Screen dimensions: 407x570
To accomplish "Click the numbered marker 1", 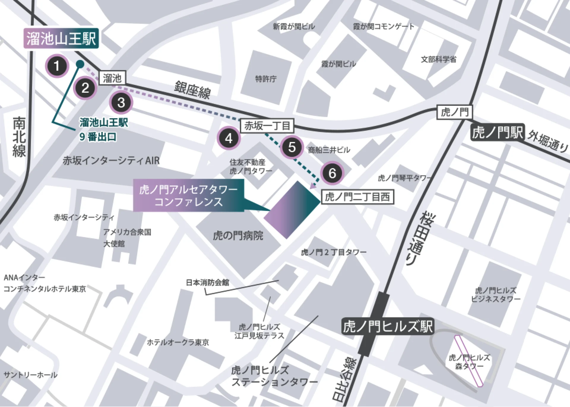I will (x=57, y=66).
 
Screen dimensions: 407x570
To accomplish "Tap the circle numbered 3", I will (x=121, y=102).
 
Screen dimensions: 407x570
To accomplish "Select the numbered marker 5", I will (x=292, y=147).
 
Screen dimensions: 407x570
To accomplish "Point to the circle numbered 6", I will (x=332, y=173).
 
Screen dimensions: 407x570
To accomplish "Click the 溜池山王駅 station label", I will (x=61, y=39).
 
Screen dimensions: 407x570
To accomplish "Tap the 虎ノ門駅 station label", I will (x=497, y=132).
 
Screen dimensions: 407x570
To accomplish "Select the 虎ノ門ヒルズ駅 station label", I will (x=388, y=327).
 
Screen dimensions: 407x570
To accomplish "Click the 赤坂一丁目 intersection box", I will (x=267, y=126).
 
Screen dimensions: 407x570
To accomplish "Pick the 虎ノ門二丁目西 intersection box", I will (x=357, y=197).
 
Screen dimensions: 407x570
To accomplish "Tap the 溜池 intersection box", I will (x=112, y=78).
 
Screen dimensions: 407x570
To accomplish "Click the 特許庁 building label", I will (x=266, y=79).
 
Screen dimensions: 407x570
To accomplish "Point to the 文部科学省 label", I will (x=438, y=59).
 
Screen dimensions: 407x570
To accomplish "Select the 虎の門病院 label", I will (x=238, y=236).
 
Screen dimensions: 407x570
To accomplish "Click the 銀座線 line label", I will (x=192, y=90).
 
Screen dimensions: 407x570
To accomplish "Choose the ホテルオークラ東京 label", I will (x=178, y=342).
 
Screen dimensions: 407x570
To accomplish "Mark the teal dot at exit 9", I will (x=80, y=64).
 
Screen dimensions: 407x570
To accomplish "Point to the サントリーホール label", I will (x=30, y=375).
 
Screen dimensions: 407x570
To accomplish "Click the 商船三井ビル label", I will (x=329, y=150).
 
